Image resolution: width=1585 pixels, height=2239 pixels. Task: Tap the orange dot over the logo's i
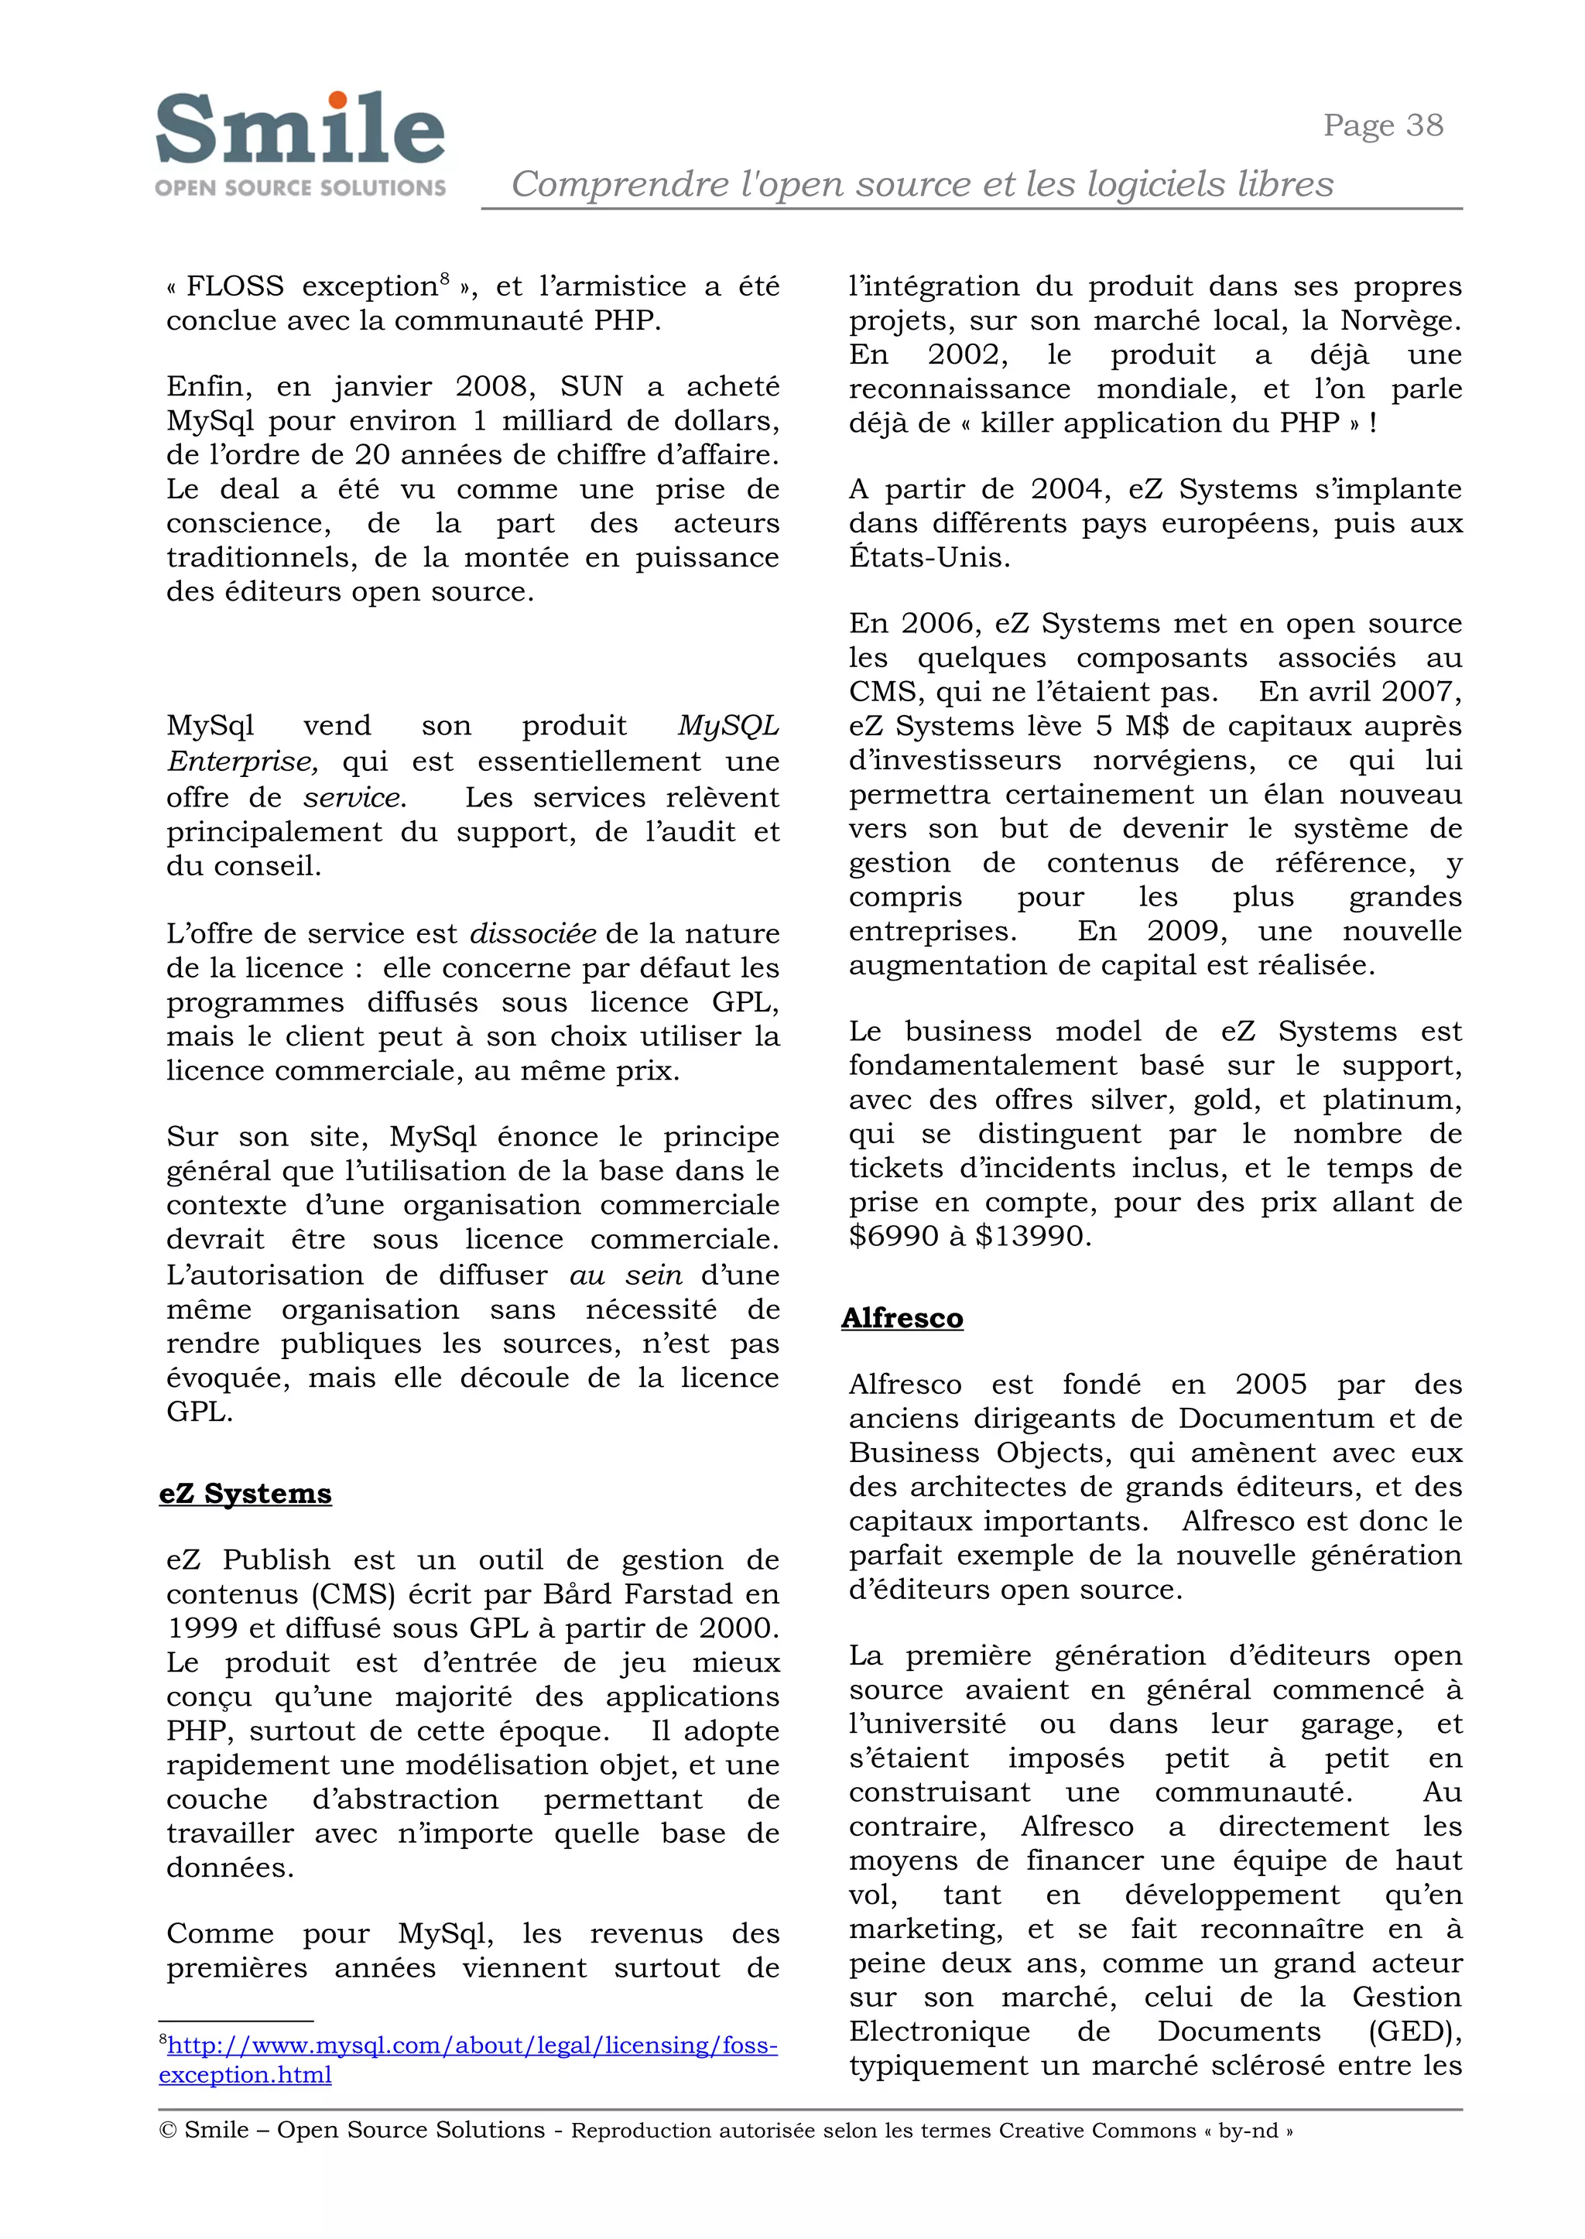pyautogui.click(x=337, y=100)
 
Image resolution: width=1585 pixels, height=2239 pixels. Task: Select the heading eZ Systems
pyautogui.click(x=245, y=1494)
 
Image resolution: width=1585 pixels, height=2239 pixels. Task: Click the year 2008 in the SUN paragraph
pyautogui.click(x=495, y=386)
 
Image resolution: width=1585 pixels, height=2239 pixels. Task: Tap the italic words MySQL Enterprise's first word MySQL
pyautogui.click(x=728, y=726)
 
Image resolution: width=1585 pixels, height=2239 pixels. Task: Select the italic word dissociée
pyautogui.click(x=533, y=934)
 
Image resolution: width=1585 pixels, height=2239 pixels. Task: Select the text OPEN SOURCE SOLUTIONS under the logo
pyautogui.click(x=300, y=187)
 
